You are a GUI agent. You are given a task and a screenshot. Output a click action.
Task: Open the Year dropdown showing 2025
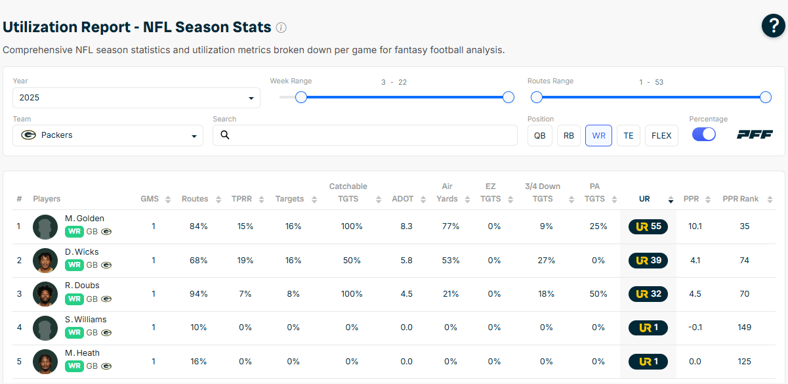[x=136, y=98]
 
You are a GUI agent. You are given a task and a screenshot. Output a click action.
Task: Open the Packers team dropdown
[x=108, y=135]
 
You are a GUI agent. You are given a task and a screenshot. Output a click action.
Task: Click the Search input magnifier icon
[x=225, y=135]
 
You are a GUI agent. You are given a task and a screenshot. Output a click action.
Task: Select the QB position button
[x=539, y=135]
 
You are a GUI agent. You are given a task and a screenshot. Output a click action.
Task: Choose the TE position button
[x=628, y=135]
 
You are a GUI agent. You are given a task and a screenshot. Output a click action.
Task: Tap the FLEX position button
[x=661, y=135]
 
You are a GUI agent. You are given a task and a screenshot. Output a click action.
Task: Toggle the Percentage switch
[x=703, y=134]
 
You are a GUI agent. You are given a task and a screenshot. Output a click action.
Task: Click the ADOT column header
[x=402, y=199]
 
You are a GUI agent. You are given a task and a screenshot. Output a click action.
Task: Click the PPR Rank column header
[x=740, y=199]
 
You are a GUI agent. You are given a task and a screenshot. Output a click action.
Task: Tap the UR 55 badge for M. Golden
[x=648, y=226]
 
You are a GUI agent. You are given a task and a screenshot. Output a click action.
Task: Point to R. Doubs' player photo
[x=45, y=294]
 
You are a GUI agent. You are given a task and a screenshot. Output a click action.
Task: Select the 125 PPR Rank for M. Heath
[x=744, y=362]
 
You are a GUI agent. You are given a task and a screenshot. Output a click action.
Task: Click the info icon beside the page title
[x=281, y=28]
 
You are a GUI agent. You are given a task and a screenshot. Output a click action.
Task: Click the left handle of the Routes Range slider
[x=537, y=97]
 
